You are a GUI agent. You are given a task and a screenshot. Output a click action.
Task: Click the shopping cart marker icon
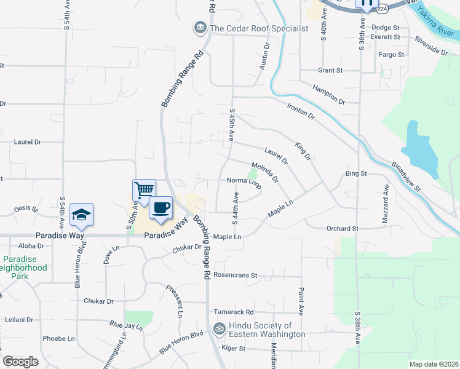tap(144, 189)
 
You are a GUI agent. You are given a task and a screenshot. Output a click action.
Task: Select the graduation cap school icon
tap(81, 214)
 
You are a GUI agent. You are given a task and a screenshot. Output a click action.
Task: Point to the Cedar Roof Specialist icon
tap(200, 28)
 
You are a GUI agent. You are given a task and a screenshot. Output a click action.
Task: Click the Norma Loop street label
tap(244, 181)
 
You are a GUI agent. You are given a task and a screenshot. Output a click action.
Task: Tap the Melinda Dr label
tap(265, 172)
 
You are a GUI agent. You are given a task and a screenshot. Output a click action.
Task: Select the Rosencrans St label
tap(236, 276)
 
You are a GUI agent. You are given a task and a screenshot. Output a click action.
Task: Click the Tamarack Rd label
tap(233, 312)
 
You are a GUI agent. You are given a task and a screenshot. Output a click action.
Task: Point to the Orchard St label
tap(343, 229)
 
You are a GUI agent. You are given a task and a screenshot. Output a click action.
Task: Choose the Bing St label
tap(355, 174)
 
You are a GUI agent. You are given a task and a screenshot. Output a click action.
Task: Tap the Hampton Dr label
tap(329, 94)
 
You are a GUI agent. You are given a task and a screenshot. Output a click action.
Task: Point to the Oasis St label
tap(26, 208)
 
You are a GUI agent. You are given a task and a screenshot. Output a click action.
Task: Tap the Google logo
tap(20, 362)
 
